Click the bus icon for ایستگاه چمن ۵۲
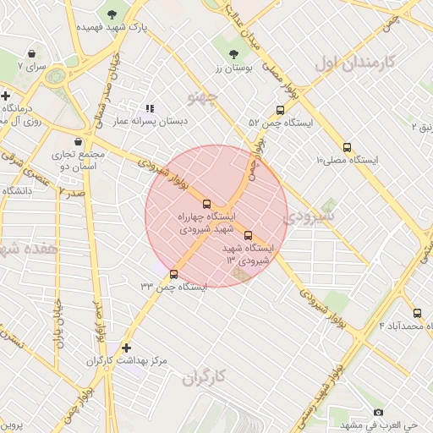(280, 110)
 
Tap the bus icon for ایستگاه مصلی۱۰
(347, 147)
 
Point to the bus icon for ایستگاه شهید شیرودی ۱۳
(248, 236)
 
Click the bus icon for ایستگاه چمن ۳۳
(173, 274)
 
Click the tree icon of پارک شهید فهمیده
(112, 14)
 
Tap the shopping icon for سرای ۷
(32, 52)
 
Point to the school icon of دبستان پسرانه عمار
(150, 108)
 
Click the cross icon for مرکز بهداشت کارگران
(127, 348)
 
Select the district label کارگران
(207, 378)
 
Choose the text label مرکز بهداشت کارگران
(127, 361)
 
